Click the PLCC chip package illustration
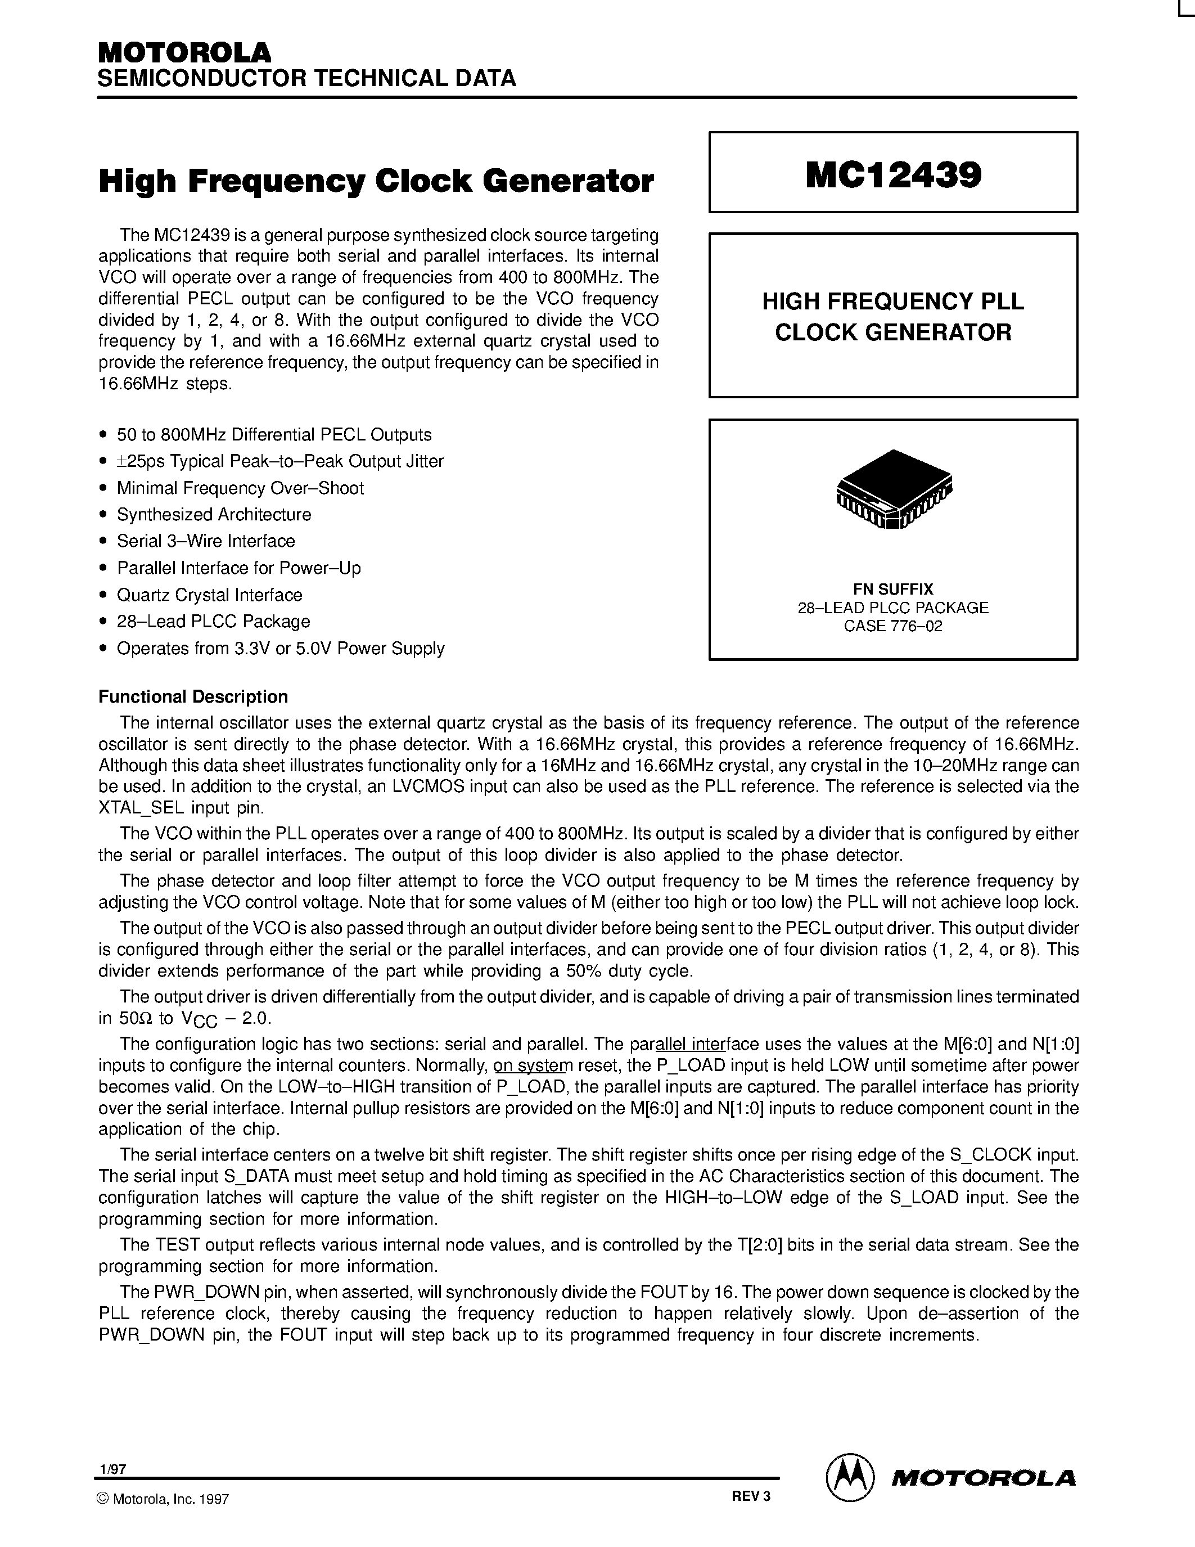pos(894,490)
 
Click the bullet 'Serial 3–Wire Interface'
pos(205,541)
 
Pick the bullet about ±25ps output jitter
pos(279,461)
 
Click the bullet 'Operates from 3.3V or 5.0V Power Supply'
pos(281,649)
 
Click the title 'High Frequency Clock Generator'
pos(376,181)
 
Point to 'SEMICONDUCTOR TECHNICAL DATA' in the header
pos(306,78)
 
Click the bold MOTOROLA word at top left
pos(184,53)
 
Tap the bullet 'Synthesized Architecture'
pos(213,514)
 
